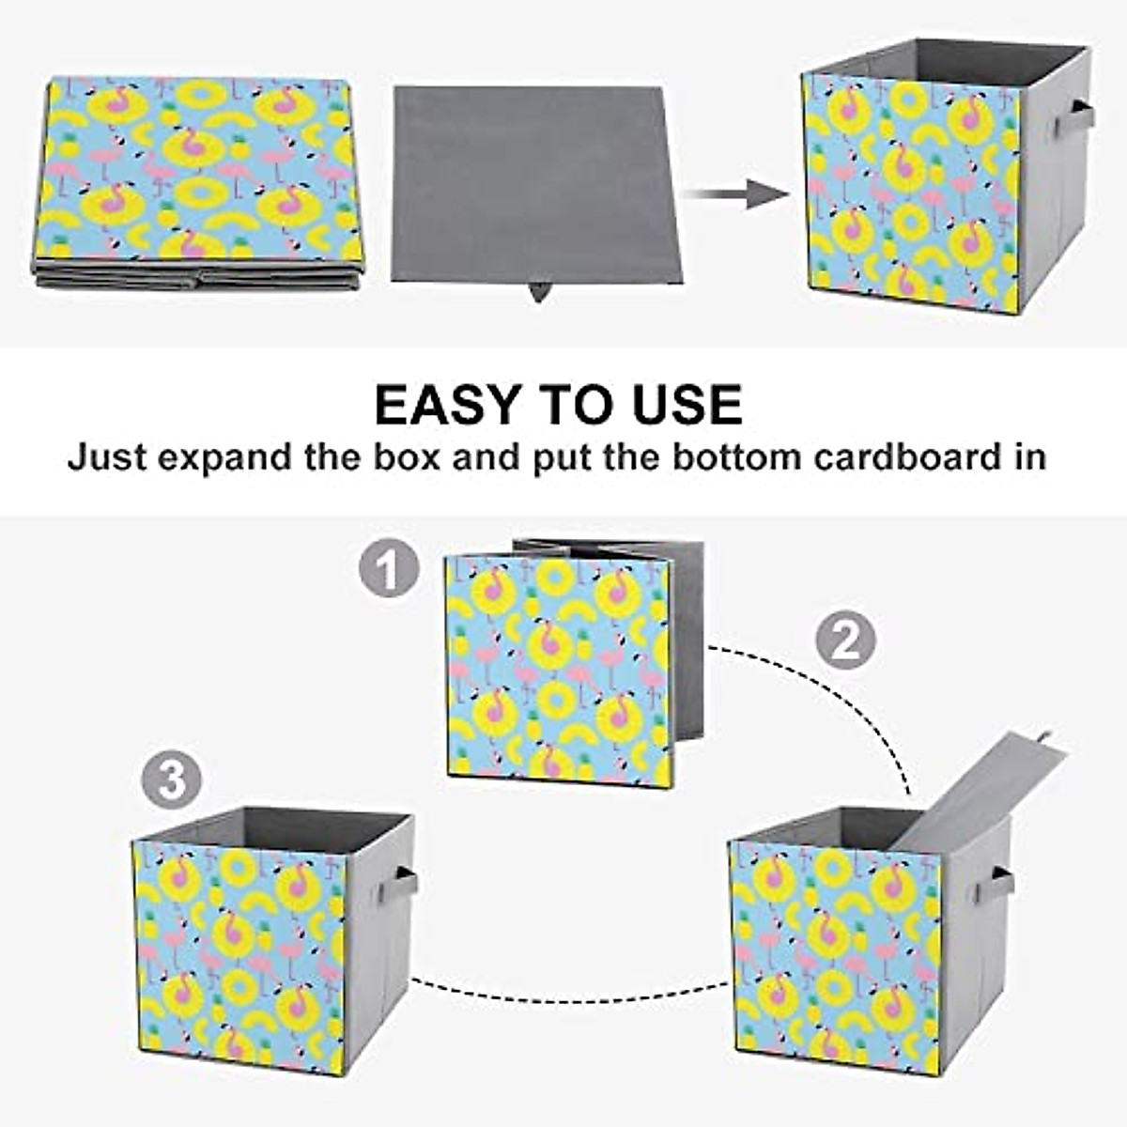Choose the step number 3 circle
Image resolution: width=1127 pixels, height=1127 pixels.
coord(172,780)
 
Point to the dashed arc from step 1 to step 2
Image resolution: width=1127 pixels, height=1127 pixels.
coord(836,695)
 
